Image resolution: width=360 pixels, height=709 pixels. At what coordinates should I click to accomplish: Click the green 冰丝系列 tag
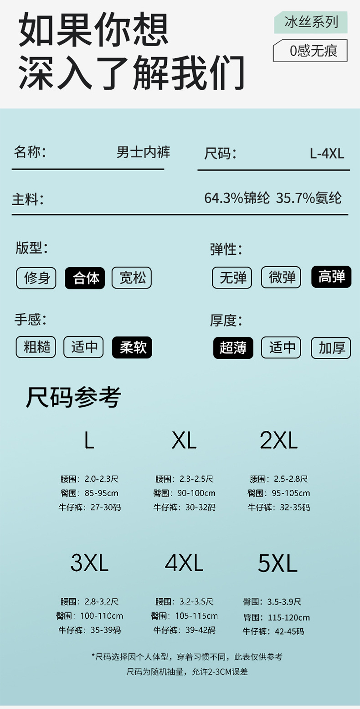[x=311, y=22]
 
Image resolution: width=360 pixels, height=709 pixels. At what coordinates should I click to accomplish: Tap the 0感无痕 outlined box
[x=310, y=51]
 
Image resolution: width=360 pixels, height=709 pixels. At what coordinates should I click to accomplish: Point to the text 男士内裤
[x=143, y=152]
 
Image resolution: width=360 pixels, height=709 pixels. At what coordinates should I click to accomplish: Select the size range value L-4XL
[x=327, y=154]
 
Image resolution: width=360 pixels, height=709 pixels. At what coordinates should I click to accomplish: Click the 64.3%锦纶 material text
[x=237, y=198]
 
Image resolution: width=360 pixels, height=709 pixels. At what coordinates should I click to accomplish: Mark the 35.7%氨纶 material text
[x=309, y=198]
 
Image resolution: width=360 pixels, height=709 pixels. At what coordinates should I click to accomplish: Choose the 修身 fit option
[x=36, y=278]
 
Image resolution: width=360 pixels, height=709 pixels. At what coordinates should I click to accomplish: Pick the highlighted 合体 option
[x=85, y=278]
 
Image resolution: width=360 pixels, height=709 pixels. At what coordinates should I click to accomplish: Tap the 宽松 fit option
[x=132, y=278]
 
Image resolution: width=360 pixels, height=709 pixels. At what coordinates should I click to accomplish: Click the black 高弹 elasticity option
[x=331, y=277]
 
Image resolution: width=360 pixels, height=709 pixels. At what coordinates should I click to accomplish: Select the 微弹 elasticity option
[x=281, y=277]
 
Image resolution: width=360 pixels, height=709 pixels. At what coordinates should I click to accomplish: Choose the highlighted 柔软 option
[x=132, y=347]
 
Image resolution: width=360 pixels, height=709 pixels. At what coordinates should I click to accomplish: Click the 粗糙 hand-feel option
[x=36, y=347]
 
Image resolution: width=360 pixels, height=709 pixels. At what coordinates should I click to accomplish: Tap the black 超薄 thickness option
[x=233, y=348]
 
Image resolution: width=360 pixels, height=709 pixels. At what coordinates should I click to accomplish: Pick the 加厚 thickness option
[x=331, y=348]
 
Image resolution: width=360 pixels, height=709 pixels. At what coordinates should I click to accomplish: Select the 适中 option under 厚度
[x=281, y=348]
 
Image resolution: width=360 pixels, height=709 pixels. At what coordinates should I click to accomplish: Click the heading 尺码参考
[x=73, y=397]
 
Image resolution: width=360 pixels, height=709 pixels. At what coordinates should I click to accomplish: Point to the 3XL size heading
[x=89, y=563]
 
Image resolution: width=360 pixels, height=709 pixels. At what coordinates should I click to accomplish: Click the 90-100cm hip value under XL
[x=196, y=493]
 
